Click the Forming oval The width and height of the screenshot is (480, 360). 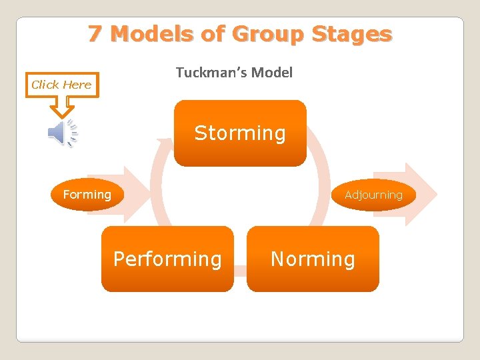click(87, 195)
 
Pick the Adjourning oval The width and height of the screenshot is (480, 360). click(373, 195)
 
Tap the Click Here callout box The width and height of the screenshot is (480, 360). click(62, 85)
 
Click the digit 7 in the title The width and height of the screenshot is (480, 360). click(95, 34)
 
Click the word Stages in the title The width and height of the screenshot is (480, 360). click(355, 34)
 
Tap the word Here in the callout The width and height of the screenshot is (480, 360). click(77, 85)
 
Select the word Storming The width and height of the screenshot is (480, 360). click(240, 133)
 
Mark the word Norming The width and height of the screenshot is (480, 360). click(313, 259)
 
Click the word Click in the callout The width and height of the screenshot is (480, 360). click(45, 85)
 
